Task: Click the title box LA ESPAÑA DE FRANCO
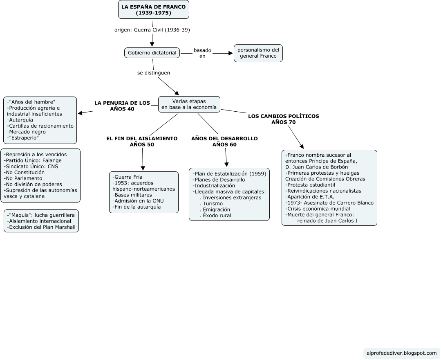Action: point(154,10)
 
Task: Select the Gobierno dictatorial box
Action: point(152,53)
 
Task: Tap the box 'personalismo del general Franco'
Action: point(258,53)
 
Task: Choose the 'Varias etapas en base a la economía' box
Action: point(189,104)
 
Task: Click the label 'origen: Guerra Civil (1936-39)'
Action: point(152,30)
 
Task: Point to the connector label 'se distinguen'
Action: point(154,73)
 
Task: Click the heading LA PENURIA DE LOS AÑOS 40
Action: point(122,106)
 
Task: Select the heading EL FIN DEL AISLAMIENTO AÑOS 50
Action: point(142,142)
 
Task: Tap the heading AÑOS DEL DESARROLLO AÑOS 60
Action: point(224,142)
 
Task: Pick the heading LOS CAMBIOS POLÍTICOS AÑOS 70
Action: point(284,119)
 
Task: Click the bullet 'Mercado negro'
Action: point(27,132)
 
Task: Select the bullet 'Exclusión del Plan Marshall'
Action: point(41,227)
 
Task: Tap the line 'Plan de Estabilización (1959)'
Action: point(229,174)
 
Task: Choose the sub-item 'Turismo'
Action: point(213,204)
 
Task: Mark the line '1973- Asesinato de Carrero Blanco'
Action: point(329,203)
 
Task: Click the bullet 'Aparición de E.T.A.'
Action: point(309,197)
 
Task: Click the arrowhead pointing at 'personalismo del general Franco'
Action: point(229,53)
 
